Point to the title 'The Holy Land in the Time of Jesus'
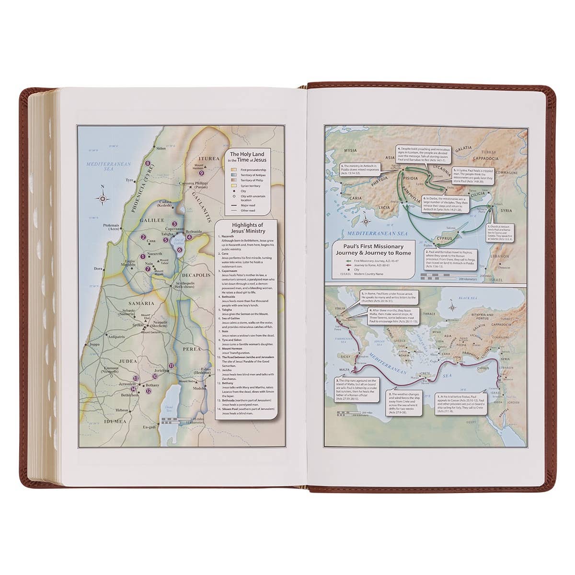coord(249,157)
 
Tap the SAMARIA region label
coord(141,303)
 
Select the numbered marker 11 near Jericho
coord(171,366)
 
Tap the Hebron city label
coord(122,410)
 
